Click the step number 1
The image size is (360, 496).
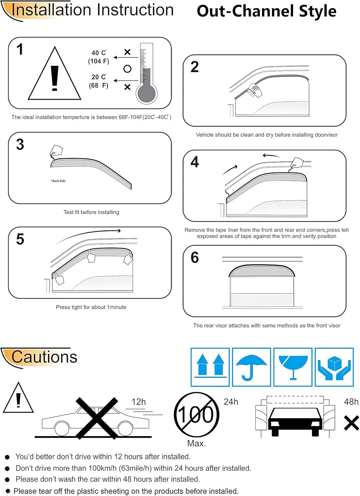(20, 50)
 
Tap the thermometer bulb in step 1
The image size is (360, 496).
(146, 94)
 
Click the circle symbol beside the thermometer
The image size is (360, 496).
(127, 69)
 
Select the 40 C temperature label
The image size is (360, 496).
(99, 53)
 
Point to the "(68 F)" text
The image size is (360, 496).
(99, 85)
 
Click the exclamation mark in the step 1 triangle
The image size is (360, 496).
(55, 78)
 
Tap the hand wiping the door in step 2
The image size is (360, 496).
(255, 90)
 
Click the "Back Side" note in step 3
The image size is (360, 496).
(58, 181)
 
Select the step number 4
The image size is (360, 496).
(195, 162)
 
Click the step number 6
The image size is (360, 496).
(195, 258)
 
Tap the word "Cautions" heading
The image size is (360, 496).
(44, 357)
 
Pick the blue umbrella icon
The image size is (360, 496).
(251, 367)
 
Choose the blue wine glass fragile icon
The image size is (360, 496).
(293, 367)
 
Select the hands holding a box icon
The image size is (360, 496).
(334, 367)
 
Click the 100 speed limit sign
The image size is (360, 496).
(197, 415)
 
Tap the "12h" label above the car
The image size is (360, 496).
(139, 402)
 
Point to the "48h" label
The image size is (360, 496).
(351, 402)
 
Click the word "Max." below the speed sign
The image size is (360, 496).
(197, 443)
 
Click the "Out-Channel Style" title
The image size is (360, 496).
(266, 11)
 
